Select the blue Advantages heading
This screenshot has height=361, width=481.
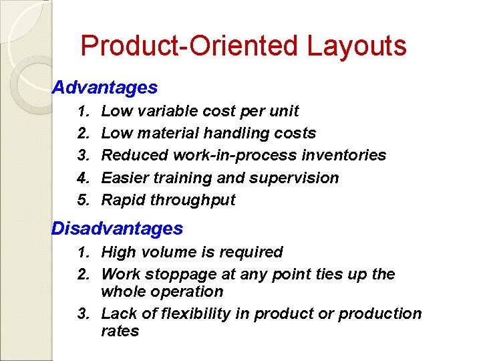click(105, 88)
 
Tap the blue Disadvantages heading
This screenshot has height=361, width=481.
click(117, 229)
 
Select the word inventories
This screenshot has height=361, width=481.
click(347, 155)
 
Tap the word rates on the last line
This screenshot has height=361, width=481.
click(120, 331)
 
